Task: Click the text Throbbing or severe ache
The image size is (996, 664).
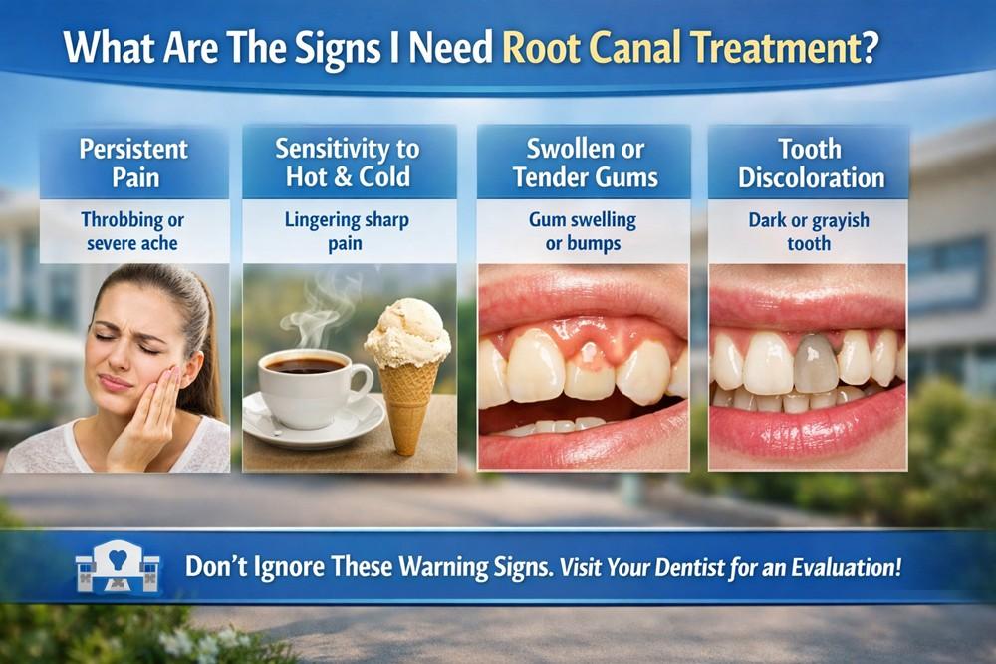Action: [x=134, y=230]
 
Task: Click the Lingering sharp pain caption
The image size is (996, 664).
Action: [x=349, y=230]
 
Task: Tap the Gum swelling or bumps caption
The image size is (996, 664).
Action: [x=584, y=230]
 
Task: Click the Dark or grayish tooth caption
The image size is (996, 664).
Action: [x=808, y=230]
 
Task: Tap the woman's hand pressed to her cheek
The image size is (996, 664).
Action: [x=150, y=409]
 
